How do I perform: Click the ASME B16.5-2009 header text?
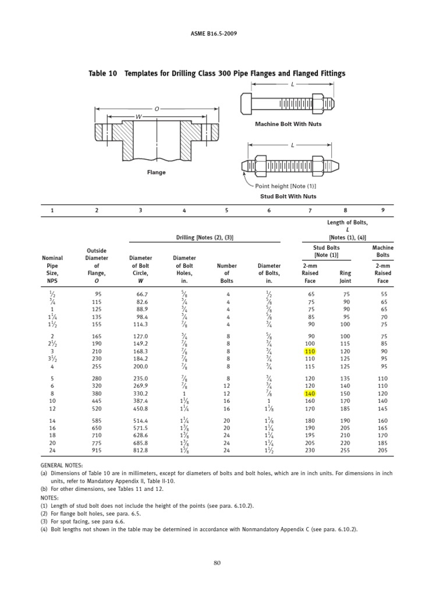(223, 33)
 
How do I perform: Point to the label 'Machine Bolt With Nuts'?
(288, 124)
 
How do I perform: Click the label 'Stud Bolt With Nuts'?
(288, 196)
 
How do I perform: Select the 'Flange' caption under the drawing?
(156, 173)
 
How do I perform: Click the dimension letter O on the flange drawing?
(156, 108)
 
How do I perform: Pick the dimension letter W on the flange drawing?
(138, 117)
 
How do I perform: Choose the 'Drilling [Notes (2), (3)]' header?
(208, 237)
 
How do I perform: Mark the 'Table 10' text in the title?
(102, 73)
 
